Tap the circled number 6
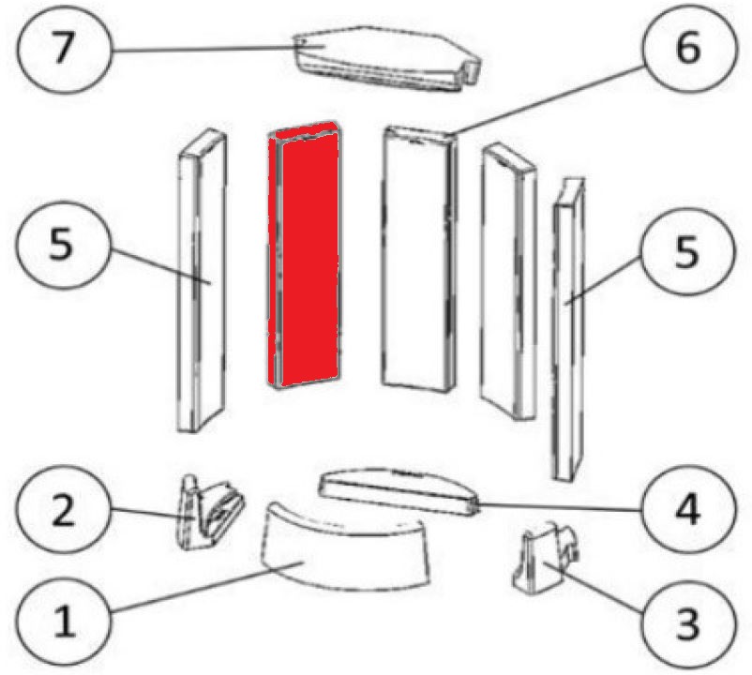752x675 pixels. tap(688, 48)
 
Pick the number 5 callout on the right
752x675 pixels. tap(687, 252)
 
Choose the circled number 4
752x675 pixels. tap(688, 510)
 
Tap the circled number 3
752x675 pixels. tap(688, 622)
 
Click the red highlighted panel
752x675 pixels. tap(304, 255)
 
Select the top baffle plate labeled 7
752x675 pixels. tap(387, 58)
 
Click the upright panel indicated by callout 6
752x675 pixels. tap(419, 259)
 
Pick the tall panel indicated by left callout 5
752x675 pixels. tap(202, 281)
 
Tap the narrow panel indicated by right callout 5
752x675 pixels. tap(569, 330)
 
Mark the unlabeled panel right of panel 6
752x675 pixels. tap(508, 283)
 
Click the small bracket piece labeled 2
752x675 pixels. tap(209, 512)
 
